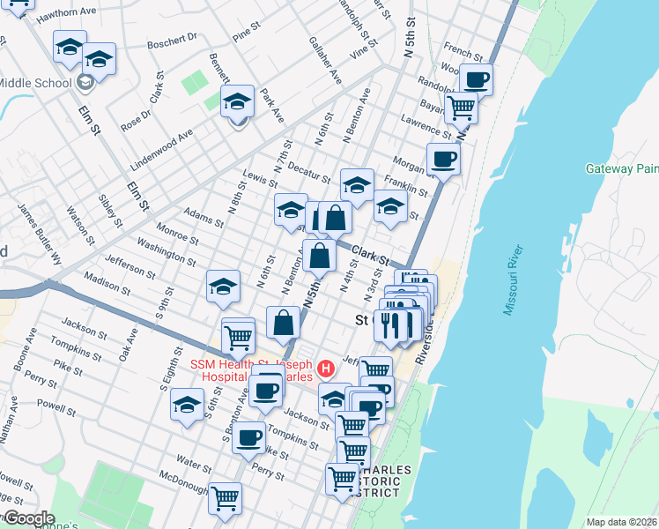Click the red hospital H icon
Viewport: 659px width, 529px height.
326,367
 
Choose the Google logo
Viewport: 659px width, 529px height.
28,518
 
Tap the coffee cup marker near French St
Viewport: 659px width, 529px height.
476,79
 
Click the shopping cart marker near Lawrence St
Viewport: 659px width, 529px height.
461,108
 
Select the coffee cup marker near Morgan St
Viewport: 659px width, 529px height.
443,159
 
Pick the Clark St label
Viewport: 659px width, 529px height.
370,257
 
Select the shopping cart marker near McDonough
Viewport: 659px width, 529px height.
226,498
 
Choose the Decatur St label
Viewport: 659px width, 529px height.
308,173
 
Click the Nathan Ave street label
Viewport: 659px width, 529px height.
10,418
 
